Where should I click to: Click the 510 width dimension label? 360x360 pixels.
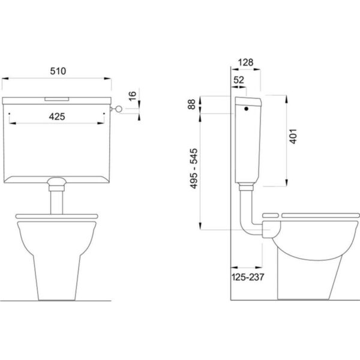pyautogui.click(x=58, y=71)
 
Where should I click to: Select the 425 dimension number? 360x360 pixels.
pyautogui.click(x=57, y=116)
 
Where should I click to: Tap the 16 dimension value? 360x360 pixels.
pyautogui.click(x=133, y=96)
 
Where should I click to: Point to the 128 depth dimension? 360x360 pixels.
pyautogui.click(x=245, y=62)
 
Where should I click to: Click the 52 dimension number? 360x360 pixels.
pyautogui.click(x=239, y=80)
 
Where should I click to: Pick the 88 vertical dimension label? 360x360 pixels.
pyautogui.click(x=191, y=104)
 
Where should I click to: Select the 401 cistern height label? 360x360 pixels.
pyautogui.click(x=293, y=136)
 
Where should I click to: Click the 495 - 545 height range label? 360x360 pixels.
pyautogui.click(x=194, y=169)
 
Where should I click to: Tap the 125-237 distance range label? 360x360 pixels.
pyautogui.click(x=248, y=277)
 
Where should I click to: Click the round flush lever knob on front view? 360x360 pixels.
pyautogui.click(x=119, y=109)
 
